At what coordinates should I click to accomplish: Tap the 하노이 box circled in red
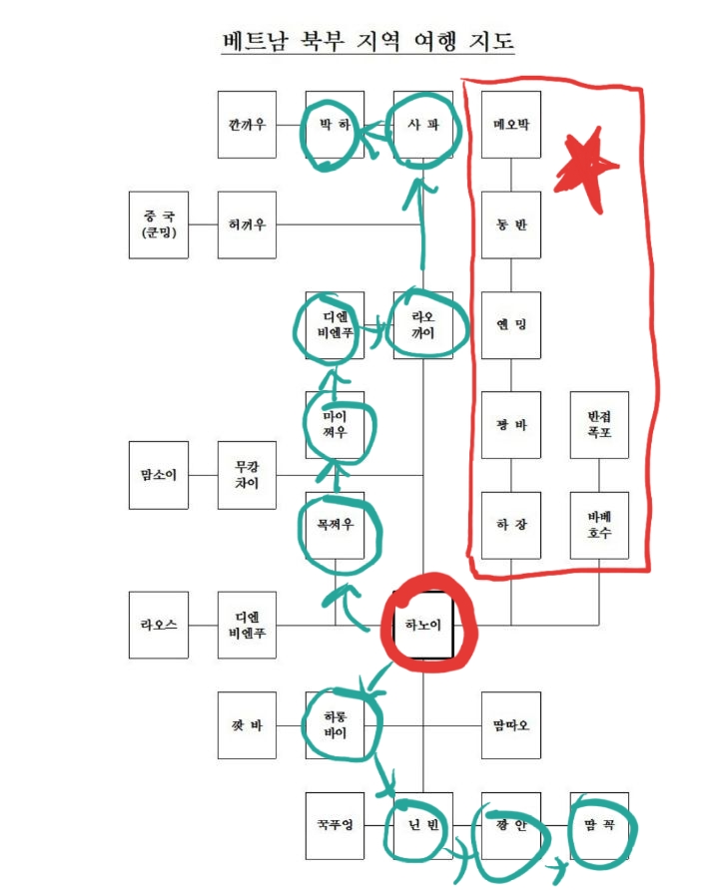point(423,626)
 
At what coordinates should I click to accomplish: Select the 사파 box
point(423,126)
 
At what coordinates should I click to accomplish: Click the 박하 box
point(335,126)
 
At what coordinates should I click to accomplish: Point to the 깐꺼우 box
point(247,125)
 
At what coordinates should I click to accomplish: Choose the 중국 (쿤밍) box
point(158,224)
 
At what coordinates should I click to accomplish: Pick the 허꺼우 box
point(247,224)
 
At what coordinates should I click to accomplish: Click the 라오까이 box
point(423,325)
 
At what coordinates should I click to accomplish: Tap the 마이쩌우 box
point(336,425)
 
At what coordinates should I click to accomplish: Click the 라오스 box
point(158,626)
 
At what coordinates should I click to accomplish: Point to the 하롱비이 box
point(336,725)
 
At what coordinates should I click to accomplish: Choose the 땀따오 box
point(511,725)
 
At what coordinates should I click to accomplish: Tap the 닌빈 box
point(423,825)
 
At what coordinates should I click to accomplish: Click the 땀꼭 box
point(600,825)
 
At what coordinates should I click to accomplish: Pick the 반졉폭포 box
point(600,425)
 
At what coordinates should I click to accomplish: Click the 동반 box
point(511,224)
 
